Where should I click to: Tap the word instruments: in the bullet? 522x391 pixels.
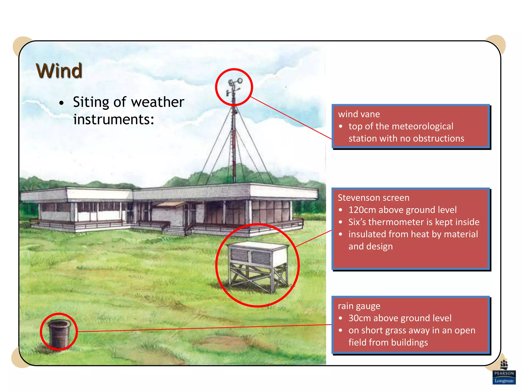114,119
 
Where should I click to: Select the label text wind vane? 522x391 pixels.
359,114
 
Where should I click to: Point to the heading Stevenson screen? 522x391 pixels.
373,198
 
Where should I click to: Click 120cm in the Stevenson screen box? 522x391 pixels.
362,210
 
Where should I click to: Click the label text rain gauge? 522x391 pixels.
359,306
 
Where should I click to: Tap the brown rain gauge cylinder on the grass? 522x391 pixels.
59,333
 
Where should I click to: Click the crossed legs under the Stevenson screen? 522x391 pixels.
257,277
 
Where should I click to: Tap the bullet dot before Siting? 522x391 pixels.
61,103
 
